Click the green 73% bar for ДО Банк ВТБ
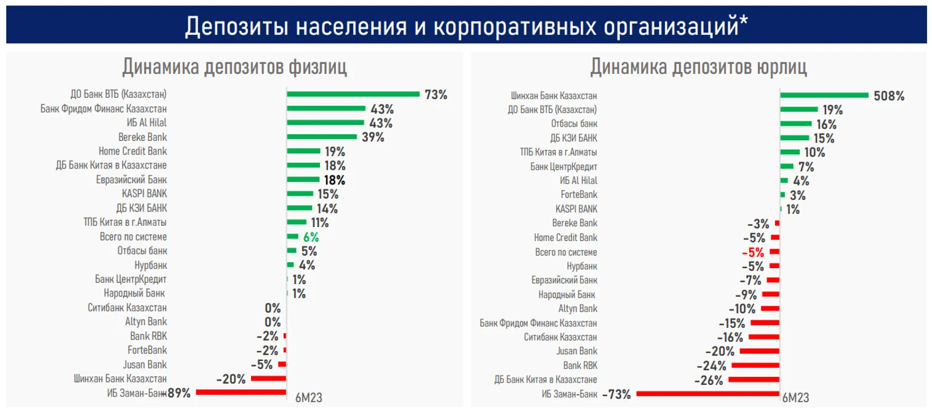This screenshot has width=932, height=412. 353,95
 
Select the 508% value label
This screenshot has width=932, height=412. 889,96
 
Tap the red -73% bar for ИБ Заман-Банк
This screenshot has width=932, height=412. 708,393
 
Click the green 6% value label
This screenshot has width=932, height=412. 311,237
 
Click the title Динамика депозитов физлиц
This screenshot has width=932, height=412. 234,66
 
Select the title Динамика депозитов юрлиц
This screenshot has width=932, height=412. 698,66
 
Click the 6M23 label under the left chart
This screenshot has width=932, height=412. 309,397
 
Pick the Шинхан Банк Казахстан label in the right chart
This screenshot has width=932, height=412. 554,96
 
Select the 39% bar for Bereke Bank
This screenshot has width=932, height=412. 322,137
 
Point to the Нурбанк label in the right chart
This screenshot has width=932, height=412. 581,266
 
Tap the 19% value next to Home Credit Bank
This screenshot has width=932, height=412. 335,151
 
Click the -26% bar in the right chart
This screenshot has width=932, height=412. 754,380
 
